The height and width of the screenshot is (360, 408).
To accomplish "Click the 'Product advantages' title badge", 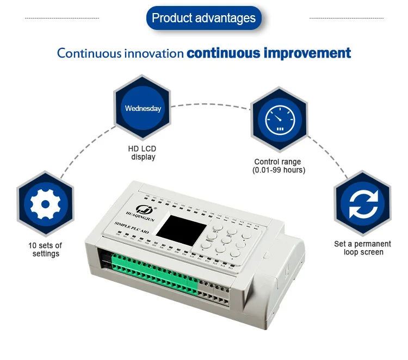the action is pyautogui.click(x=203, y=18).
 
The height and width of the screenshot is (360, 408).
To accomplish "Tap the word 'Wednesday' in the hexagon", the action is pyautogui.click(x=143, y=108).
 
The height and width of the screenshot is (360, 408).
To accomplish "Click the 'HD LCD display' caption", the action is pyautogui.click(x=143, y=153).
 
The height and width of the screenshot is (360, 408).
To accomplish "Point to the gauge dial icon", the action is pyautogui.click(x=279, y=118).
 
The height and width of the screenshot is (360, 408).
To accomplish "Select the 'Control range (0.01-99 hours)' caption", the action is pyautogui.click(x=278, y=166).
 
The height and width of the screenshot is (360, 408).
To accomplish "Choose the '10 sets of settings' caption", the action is pyautogui.click(x=45, y=249).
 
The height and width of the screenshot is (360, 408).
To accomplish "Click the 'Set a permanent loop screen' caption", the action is pyautogui.click(x=362, y=248).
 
